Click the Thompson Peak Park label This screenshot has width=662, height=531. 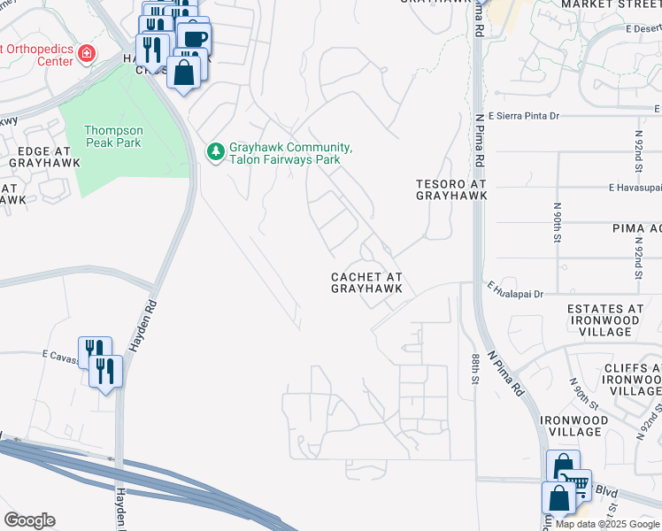pos(112,136)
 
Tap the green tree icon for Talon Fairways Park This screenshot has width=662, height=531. pos(215,153)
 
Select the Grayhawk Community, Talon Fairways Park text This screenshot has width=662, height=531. pos(290,153)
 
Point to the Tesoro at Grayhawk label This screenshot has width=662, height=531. pos(451,189)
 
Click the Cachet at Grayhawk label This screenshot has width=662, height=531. pos(367,282)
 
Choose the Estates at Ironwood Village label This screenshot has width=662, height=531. pos(605,319)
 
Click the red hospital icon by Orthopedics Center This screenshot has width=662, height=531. pos(87,54)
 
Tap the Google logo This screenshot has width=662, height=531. pos(29,520)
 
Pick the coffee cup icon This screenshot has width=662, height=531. pos(193,38)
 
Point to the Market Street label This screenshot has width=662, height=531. pos(611,4)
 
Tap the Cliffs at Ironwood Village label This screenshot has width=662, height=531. pos(630,379)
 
